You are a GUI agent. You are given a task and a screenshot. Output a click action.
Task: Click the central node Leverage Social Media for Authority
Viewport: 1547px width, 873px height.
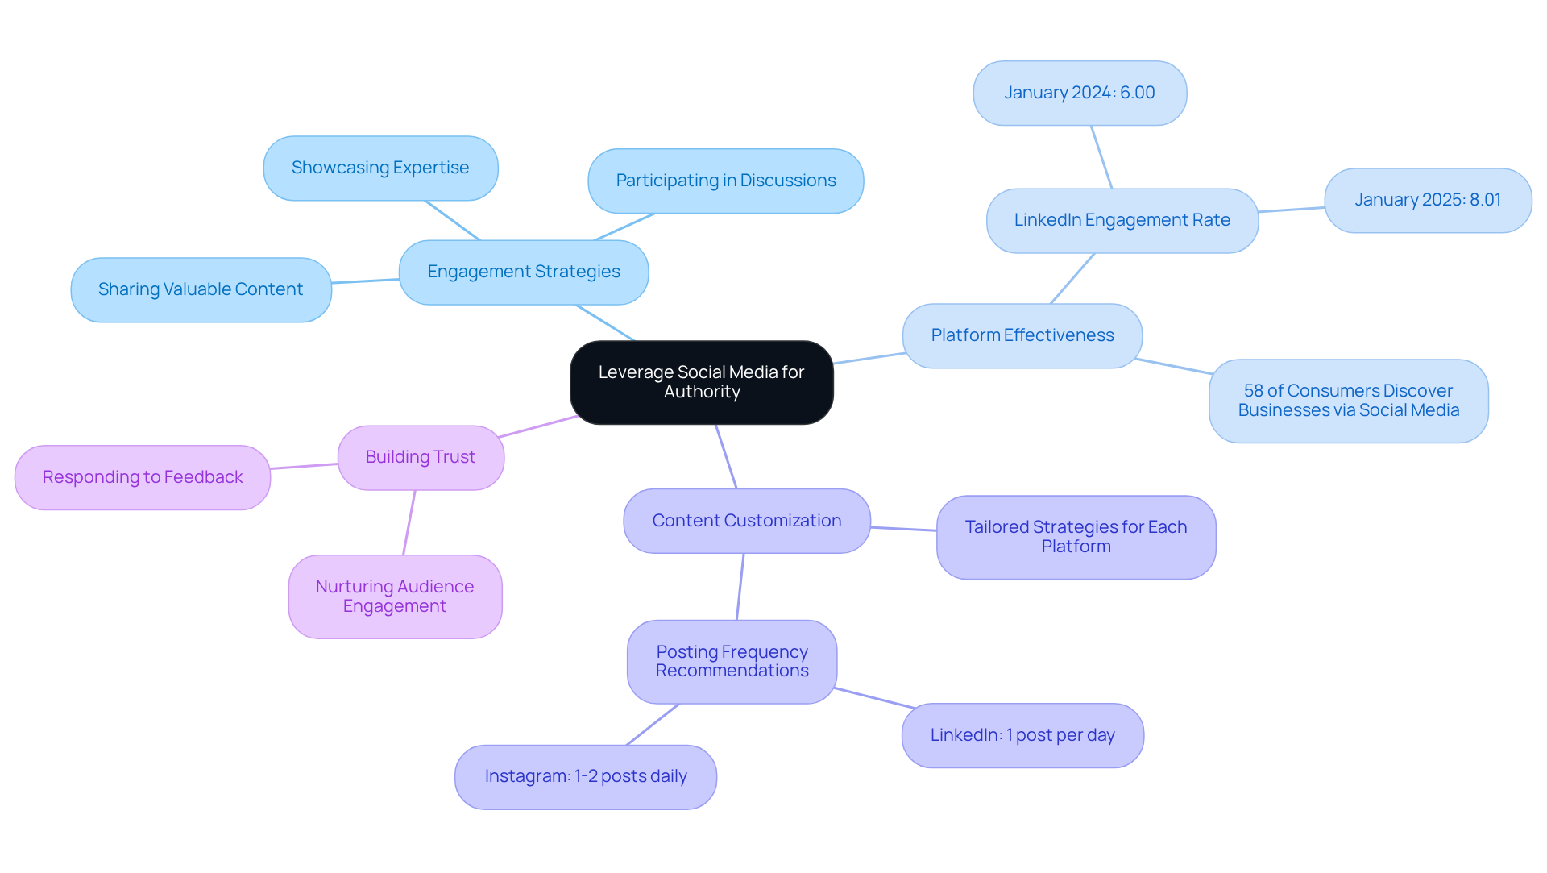coord(701,382)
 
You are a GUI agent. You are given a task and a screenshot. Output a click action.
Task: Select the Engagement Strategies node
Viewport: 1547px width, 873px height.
coord(524,272)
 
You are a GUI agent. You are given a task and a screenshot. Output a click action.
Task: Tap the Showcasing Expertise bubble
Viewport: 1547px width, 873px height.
coord(380,168)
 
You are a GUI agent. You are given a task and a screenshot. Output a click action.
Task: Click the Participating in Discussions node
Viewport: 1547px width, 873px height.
coord(725,181)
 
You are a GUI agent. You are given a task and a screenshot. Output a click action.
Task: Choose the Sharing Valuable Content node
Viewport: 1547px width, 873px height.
coord(201,289)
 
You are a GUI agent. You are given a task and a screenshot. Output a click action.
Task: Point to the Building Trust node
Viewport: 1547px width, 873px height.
coord(421,457)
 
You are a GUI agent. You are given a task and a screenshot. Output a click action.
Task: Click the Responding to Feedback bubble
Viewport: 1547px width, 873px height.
coord(143,477)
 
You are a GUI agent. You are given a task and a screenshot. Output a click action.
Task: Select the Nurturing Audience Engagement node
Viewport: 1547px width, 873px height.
coord(395,597)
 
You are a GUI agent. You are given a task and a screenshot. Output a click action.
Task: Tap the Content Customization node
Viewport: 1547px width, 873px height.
coord(746,521)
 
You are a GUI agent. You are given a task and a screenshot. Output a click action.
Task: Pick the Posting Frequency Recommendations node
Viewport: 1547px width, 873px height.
coord(732,661)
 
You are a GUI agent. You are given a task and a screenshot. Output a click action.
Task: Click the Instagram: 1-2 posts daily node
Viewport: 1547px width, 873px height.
coord(586,776)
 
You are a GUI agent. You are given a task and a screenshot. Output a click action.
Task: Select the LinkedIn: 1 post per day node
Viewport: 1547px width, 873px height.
coord(1022,735)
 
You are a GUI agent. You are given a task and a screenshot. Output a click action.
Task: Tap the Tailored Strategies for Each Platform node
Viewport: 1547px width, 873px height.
coord(1076,537)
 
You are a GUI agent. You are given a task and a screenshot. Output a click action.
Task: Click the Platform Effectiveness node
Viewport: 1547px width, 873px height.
coord(1022,335)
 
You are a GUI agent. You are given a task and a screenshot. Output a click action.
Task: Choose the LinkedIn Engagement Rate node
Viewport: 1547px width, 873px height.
coord(1122,220)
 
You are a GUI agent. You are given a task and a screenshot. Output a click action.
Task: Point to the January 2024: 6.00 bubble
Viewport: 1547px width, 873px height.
coord(1079,93)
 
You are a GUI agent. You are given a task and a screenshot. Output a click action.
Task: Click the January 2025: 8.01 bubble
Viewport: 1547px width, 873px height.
coord(1427,200)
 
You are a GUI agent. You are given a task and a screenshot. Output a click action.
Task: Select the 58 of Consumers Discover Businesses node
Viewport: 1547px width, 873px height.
coord(1348,401)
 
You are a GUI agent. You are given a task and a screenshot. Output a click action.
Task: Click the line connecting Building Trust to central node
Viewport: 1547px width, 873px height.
coord(537,427)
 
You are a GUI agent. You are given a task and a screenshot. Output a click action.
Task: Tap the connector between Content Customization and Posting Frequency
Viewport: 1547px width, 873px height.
coord(740,587)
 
